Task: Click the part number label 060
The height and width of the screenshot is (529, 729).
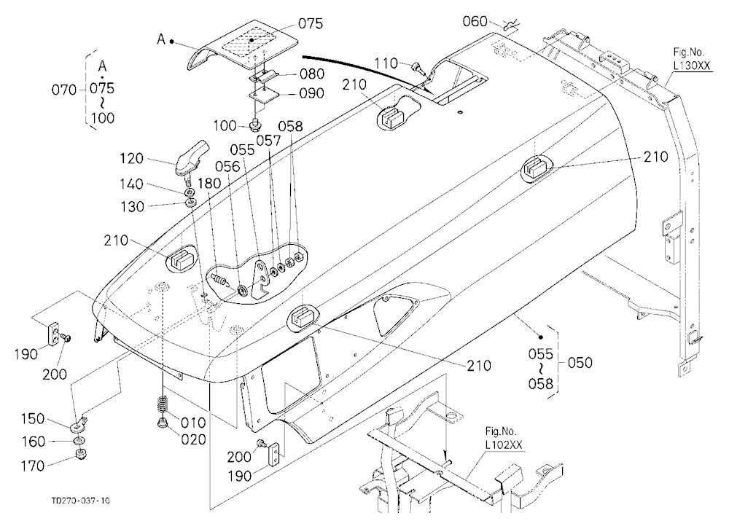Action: click(x=475, y=21)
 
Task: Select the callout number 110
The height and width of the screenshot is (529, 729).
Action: click(x=386, y=63)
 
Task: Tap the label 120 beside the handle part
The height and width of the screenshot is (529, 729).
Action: click(x=131, y=159)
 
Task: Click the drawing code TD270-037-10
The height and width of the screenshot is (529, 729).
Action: click(x=81, y=501)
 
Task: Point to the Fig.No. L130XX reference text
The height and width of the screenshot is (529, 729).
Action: click(x=692, y=58)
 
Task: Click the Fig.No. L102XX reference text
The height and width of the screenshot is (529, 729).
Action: click(x=504, y=438)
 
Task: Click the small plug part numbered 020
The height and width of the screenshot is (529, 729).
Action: click(x=163, y=422)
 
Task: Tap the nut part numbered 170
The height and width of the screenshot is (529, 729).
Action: click(x=82, y=454)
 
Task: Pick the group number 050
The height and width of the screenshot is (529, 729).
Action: click(x=580, y=362)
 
